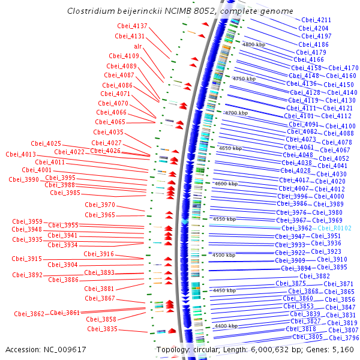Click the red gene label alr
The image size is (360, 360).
coord(138,46)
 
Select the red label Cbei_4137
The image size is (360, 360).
coord(132,26)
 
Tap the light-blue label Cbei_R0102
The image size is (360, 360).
coord(335,228)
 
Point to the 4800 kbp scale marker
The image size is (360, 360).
coord(254,44)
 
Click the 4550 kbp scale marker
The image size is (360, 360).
coord(224,219)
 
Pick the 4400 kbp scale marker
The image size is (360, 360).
coord(226,326)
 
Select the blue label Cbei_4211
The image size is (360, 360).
coord(316,20)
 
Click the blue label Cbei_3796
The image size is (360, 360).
coord(344,338)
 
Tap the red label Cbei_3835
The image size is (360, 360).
coord(103,329)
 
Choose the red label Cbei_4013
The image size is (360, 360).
coord(21,154)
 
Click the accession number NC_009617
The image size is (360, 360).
coord(65,350)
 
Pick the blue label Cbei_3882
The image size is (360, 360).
coord(315,276)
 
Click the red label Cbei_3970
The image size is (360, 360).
coord(100,205)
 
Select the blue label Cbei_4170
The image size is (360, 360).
coord(343,68)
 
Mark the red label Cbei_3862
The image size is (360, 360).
coord(29,314)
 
